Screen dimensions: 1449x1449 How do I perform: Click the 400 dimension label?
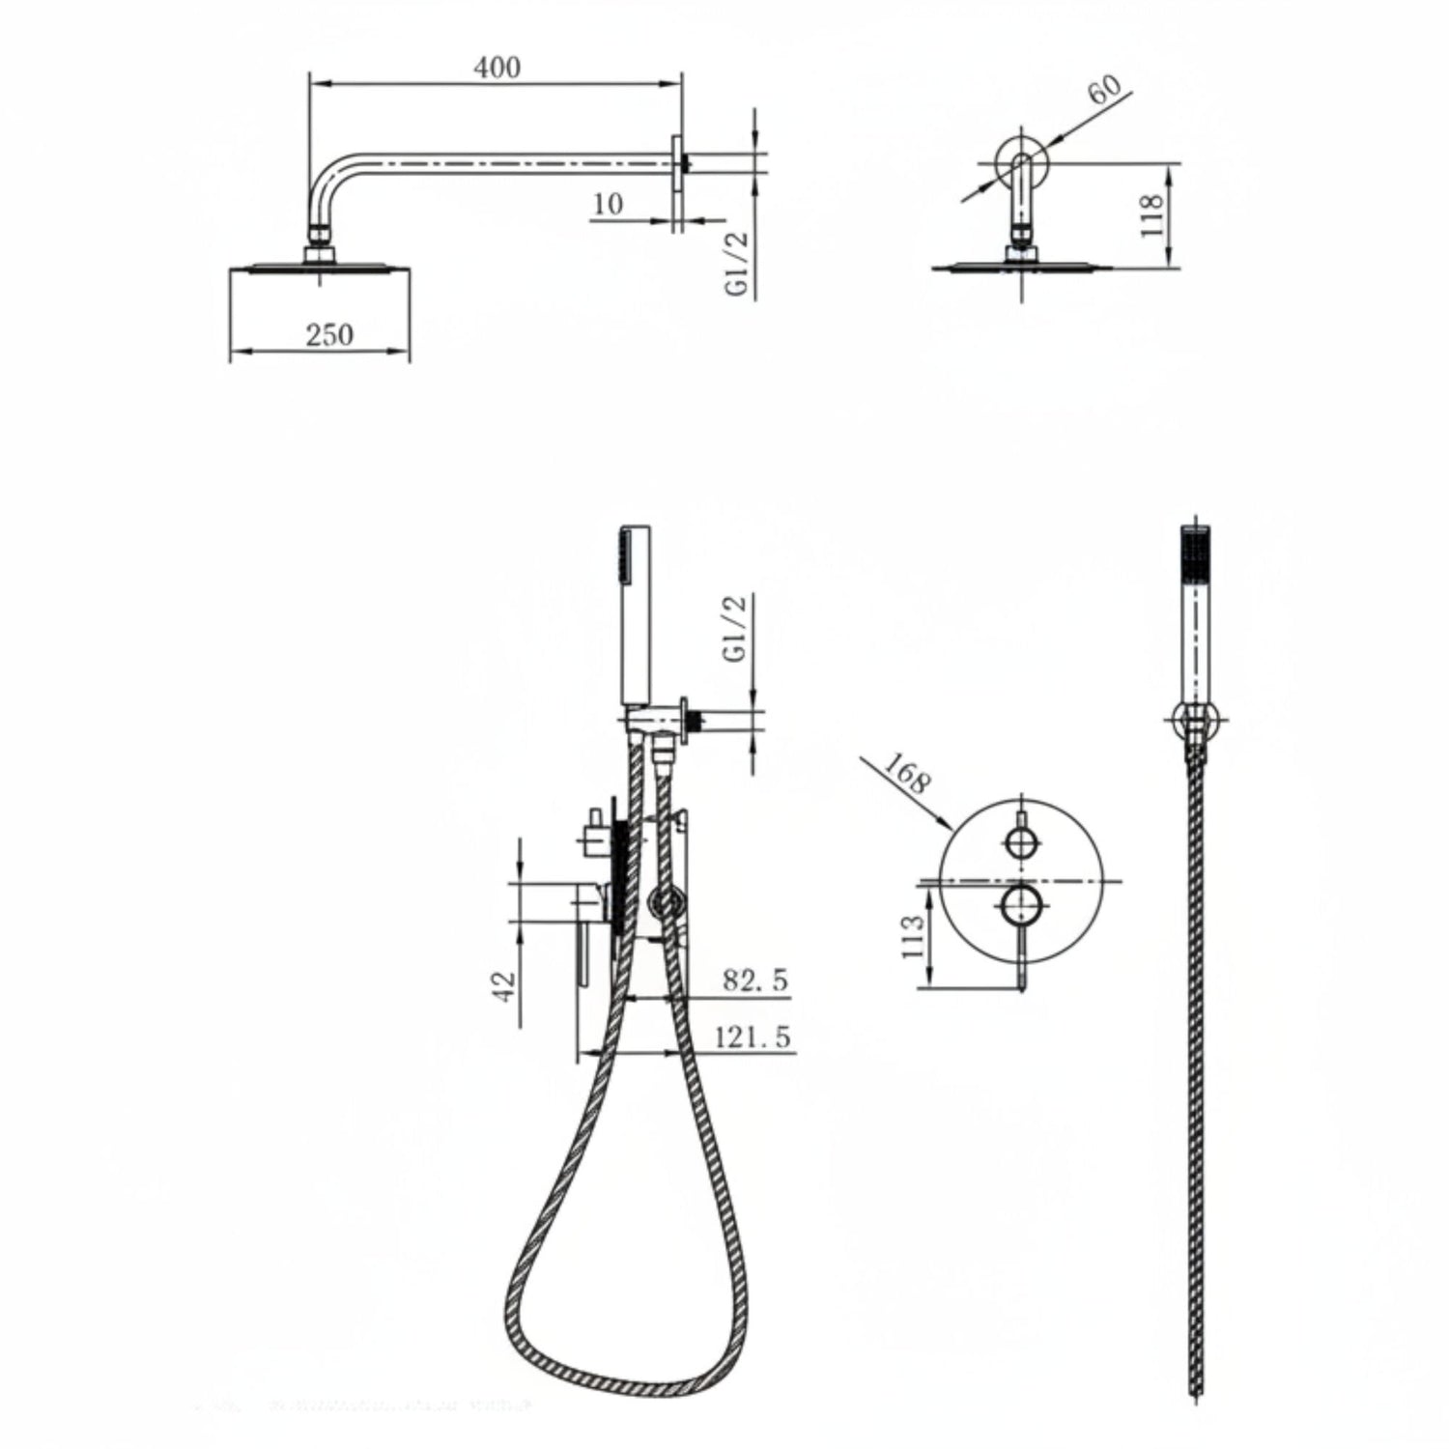coord(497,68)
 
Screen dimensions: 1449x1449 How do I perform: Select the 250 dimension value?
coord(329,335)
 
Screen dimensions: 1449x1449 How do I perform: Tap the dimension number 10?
coord(608,204)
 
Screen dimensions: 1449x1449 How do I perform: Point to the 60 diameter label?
coord(1104,90)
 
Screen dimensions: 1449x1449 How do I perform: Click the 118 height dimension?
coord(1150,216)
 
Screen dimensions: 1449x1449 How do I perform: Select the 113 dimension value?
coord(912,936)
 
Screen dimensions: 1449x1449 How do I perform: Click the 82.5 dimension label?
coord(755,980)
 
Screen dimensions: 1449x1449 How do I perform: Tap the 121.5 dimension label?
coord(753,1037)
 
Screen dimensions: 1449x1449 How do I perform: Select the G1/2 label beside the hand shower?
coord(736,629)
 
